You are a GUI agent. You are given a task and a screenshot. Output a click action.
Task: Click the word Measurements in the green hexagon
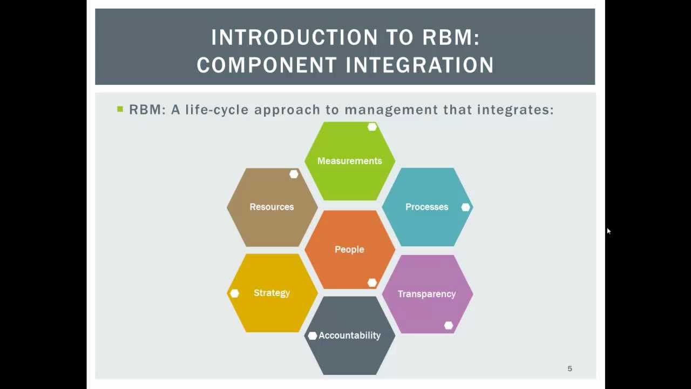[x=349, y=161]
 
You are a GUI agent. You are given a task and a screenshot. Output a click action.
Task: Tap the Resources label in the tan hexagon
[x=272, y=207]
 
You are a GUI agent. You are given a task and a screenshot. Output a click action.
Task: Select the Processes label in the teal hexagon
[x=426, y=207]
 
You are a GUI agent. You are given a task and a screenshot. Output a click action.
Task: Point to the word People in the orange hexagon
[x=349, y=250]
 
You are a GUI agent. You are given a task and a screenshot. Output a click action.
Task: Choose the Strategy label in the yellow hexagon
[x=272, y=293]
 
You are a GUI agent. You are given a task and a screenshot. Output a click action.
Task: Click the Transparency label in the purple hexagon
[x=426, y=294]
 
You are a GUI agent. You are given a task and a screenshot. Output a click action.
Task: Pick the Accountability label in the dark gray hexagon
[x=349, y=336]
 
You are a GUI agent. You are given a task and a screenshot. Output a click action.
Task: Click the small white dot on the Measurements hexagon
[x=372, y=127]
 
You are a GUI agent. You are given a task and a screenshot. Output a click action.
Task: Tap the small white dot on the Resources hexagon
[x=294, y=174]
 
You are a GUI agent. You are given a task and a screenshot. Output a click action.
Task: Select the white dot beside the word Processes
[x=465, y=207]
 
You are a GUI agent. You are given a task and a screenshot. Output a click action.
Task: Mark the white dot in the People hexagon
[x=372, y=283]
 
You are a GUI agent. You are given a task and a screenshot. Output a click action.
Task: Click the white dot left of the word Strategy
[x=234, y=293]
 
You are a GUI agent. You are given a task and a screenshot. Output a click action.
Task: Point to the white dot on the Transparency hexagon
[x=449, y=325]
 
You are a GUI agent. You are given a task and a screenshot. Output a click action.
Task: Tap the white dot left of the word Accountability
[x=312, y=336]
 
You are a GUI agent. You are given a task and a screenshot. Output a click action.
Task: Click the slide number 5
[x=570, y=368]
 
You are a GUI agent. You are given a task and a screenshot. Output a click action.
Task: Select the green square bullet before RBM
[x=120, y=109]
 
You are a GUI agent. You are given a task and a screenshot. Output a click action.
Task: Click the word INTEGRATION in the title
[x=419, y=65]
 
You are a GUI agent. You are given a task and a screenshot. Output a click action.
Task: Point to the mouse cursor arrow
[x=608, y=231]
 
